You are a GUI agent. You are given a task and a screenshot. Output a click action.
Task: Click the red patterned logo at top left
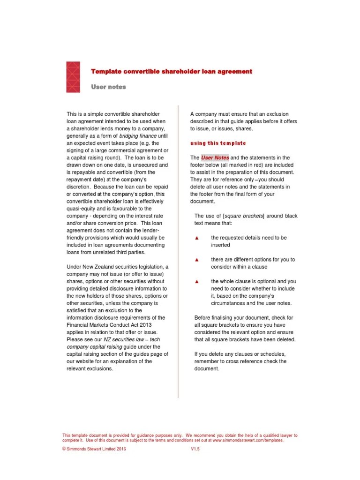(73, 76)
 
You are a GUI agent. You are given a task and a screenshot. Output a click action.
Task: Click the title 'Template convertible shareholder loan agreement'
(171, 72)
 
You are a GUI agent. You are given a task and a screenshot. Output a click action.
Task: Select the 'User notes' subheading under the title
(108, 87)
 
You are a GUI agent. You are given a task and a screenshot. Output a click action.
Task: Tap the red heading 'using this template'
(218, 143)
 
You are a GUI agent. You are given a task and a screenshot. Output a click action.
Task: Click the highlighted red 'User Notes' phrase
(215, 158)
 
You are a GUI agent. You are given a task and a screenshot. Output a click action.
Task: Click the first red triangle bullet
(197, 238)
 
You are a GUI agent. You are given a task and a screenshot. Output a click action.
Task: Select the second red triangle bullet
(197, 260)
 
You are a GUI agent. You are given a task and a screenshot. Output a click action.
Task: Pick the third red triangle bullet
(197, 282)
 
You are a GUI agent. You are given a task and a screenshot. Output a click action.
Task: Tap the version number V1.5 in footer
(195, 449)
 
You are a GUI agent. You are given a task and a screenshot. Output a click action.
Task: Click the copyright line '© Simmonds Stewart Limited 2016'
(94, 449)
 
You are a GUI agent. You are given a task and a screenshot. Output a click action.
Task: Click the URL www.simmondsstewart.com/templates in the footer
(247, 441)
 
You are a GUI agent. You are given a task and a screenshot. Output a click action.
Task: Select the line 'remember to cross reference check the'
(240, 361)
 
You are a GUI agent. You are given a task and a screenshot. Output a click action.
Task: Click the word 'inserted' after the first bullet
(220, 245)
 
